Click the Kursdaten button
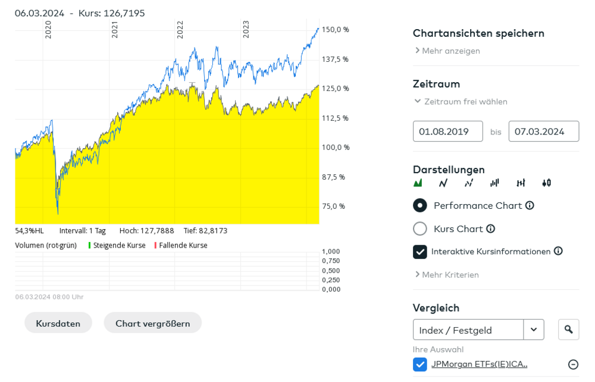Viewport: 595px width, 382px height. (58, 323)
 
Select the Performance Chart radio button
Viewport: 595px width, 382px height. (420, 205)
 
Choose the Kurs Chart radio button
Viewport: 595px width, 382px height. (420, 228)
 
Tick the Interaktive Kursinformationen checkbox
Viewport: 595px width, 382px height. (420, 252)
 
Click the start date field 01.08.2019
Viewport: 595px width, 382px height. (447, 131)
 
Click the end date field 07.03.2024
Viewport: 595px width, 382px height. (543, 131)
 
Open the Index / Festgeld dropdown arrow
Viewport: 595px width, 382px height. (534, 330)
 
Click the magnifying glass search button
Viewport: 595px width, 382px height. (568, 330)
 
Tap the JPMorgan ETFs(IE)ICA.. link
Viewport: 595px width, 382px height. (479, 364)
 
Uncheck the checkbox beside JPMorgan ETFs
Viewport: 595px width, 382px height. (420, 364)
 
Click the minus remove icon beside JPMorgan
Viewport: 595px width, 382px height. (573, 364)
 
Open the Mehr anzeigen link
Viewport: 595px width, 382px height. (450, 51)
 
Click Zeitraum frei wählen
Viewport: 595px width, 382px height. (465, 102)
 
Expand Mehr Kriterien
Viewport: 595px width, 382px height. (450, 275)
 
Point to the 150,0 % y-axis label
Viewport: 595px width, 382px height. (336, 30)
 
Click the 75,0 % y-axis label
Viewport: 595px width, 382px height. (334, 206)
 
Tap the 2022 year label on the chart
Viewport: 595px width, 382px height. (180, 30)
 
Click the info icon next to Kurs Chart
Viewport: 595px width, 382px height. (490, 228)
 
